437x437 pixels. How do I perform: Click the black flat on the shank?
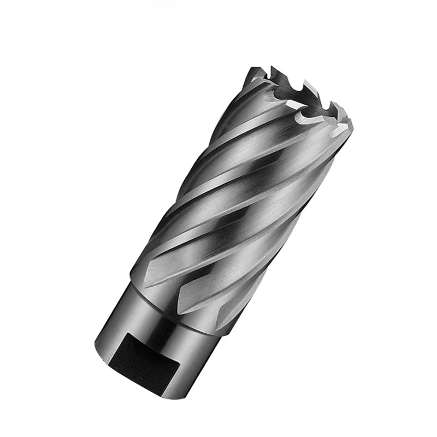pos(143,356)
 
